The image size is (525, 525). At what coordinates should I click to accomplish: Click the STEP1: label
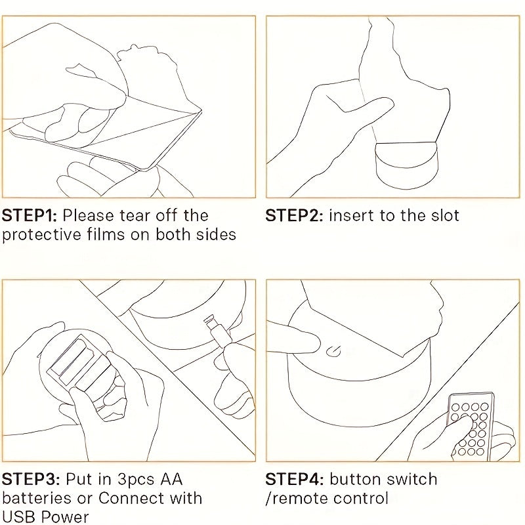point(30,216)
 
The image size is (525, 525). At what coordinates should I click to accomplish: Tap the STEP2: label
point(294,216)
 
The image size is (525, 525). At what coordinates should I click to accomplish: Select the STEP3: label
point(31,479)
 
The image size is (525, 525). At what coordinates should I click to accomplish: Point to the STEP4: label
point(295,479)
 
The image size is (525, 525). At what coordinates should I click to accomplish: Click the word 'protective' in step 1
point(42,235)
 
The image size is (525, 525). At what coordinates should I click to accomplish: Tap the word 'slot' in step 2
point(445,216)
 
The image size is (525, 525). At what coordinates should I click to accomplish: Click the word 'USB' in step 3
point(18,516)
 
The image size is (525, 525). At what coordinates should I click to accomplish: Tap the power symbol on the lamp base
point(333,352)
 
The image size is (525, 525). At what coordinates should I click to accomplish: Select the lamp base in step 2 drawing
point(406,166)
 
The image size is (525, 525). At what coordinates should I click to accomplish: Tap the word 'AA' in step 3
point(171,479)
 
